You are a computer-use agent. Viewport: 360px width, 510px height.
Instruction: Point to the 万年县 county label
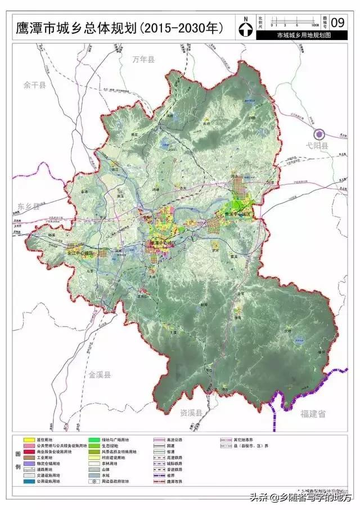click(143, 59)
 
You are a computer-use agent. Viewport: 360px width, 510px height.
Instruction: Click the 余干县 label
click(34, 84)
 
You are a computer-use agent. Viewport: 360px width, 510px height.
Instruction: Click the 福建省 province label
click(313, 414)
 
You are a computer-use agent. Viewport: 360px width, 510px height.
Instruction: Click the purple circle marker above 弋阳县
click(319, 134)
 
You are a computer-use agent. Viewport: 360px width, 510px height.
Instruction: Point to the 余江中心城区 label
click(82, 253)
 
